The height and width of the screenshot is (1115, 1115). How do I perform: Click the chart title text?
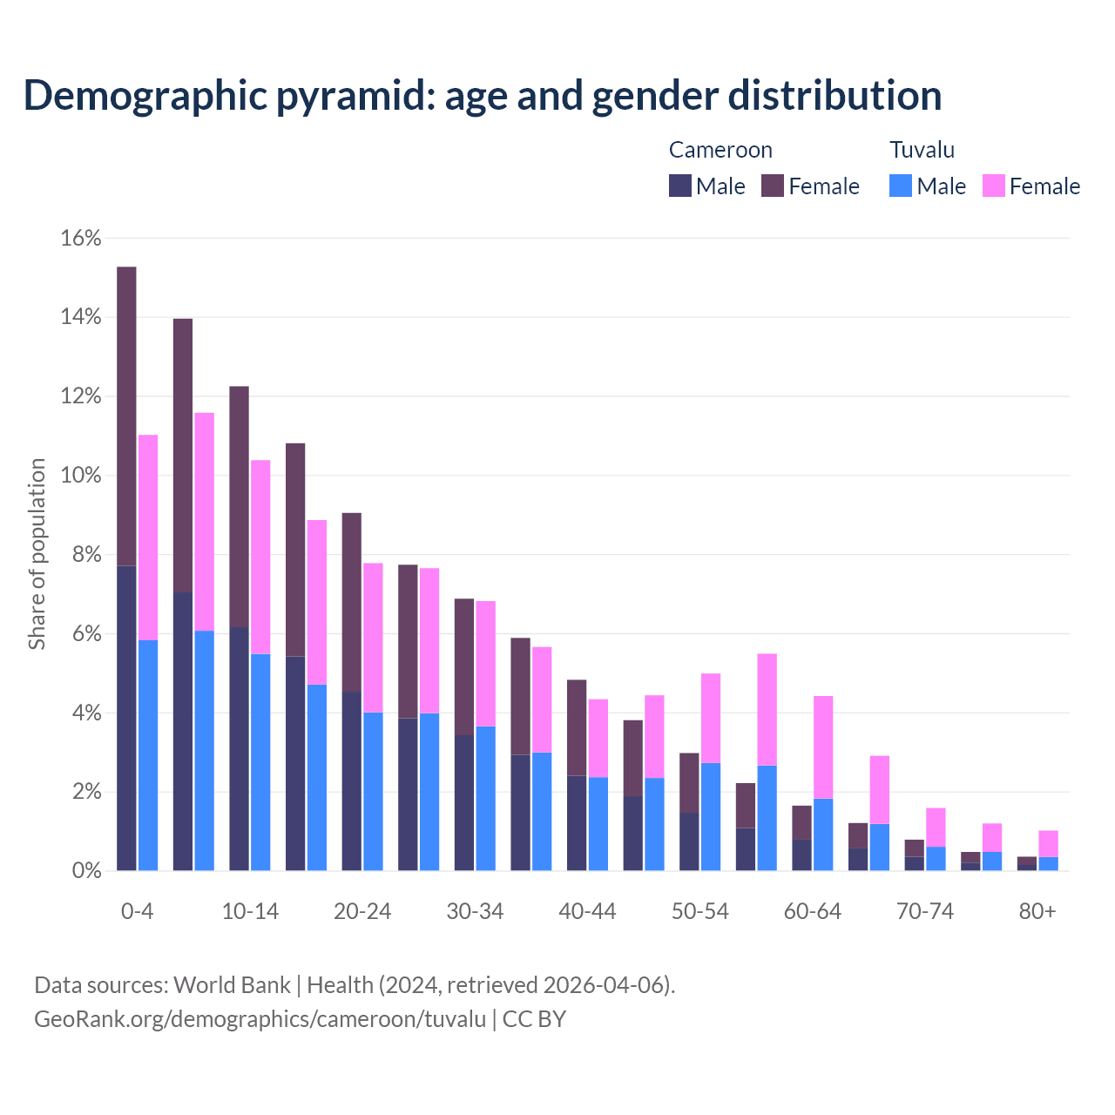click(482, 95)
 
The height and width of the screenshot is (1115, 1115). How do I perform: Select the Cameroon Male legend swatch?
click(680, 186)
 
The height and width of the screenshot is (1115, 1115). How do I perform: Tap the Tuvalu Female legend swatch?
click(994, 186)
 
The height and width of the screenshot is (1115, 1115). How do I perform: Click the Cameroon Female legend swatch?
click(773, 186)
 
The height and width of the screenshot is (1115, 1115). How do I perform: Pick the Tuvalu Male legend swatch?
click(901, 186)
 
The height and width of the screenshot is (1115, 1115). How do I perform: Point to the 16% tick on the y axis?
click(81, 238)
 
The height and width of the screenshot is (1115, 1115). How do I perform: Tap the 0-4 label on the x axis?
click(138, 911)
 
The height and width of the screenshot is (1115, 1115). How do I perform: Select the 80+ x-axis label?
click(1037, 911)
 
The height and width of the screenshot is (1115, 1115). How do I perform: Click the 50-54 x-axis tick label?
click(700, 911)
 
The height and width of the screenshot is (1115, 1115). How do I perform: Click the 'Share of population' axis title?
click(37, 554)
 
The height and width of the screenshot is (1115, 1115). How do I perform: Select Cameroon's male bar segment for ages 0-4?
click(126, 718)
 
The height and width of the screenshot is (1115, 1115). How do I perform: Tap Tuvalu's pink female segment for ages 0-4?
click(148, 537)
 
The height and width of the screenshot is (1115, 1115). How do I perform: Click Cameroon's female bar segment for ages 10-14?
click(239, 506)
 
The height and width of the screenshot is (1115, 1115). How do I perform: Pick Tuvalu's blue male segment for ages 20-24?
click(373, 791)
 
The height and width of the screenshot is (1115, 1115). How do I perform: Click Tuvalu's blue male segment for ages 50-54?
click(711, 816)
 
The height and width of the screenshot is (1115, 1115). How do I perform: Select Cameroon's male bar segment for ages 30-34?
click(464, 802)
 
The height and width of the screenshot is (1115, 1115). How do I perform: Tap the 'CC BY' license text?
click(534, 1018)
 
